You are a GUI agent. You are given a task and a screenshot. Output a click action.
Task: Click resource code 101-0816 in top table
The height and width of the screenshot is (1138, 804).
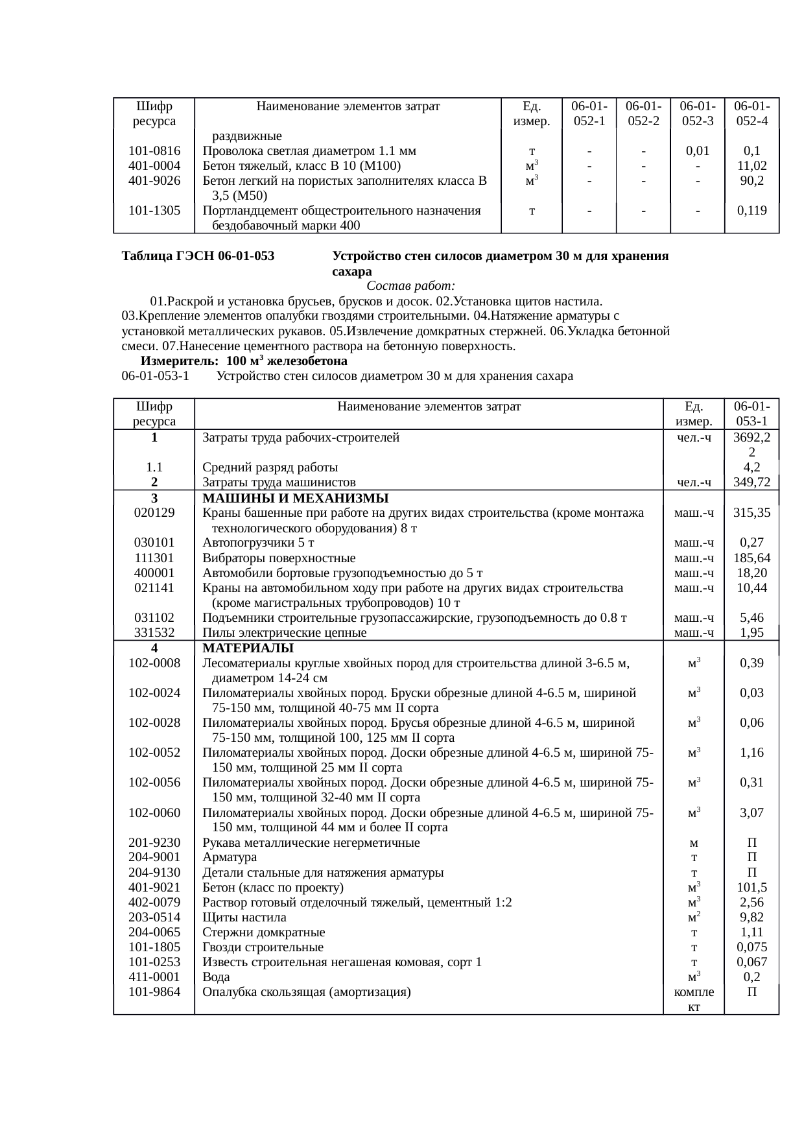[154, 151]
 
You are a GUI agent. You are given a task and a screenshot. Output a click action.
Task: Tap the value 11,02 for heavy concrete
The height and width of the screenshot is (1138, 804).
[751, 166]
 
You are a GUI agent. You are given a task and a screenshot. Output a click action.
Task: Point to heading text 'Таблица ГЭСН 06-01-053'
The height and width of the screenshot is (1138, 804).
[198, 256]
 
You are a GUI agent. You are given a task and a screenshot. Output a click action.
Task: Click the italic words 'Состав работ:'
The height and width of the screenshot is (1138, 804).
[410, 286]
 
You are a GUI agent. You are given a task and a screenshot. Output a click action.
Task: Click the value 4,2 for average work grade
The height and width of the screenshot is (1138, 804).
[751, 467]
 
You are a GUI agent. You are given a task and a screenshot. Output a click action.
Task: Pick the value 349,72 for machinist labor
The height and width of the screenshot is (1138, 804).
[751, 482]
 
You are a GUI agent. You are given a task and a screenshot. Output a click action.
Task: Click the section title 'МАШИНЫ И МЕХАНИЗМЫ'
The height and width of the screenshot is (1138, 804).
[295, 498]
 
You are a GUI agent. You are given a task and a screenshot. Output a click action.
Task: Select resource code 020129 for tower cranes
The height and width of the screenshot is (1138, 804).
[154, 512]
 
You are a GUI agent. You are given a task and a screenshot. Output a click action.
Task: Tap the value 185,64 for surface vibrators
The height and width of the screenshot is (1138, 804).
[751, 558]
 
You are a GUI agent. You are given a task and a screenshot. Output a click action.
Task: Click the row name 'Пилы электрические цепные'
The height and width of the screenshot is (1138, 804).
[284, 632]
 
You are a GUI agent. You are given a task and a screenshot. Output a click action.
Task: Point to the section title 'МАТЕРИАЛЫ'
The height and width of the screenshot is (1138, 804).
[248, 648]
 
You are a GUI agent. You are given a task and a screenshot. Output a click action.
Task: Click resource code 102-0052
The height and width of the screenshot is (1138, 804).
[154, 752]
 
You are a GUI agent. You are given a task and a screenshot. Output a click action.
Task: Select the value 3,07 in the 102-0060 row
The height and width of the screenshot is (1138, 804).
[751, 812]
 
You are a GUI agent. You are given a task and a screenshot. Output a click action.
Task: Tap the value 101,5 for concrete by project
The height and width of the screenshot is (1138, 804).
[751, 887]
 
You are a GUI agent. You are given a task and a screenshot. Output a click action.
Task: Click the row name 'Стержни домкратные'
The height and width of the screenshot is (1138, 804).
[263, 932]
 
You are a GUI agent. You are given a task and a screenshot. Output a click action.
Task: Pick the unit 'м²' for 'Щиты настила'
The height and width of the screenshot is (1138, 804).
[694, 917]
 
